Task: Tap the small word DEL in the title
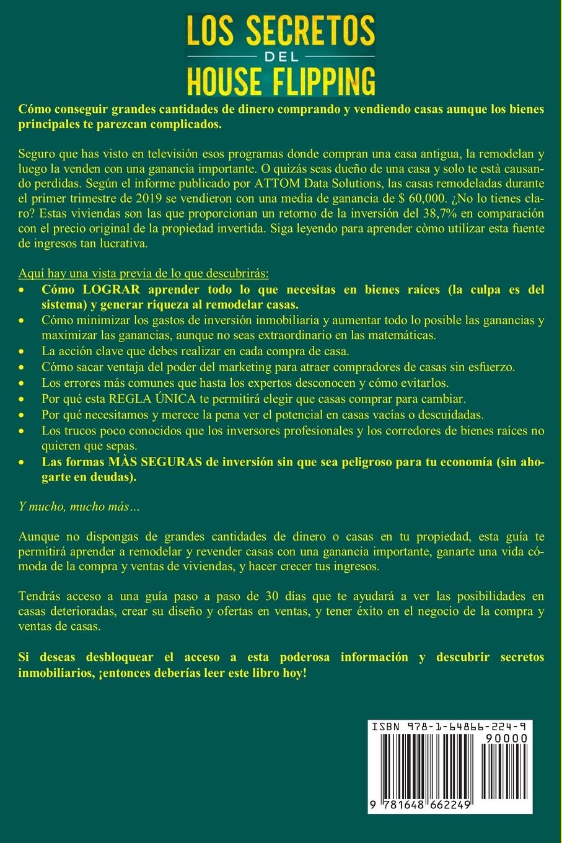281,56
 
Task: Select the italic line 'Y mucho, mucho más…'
80,507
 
